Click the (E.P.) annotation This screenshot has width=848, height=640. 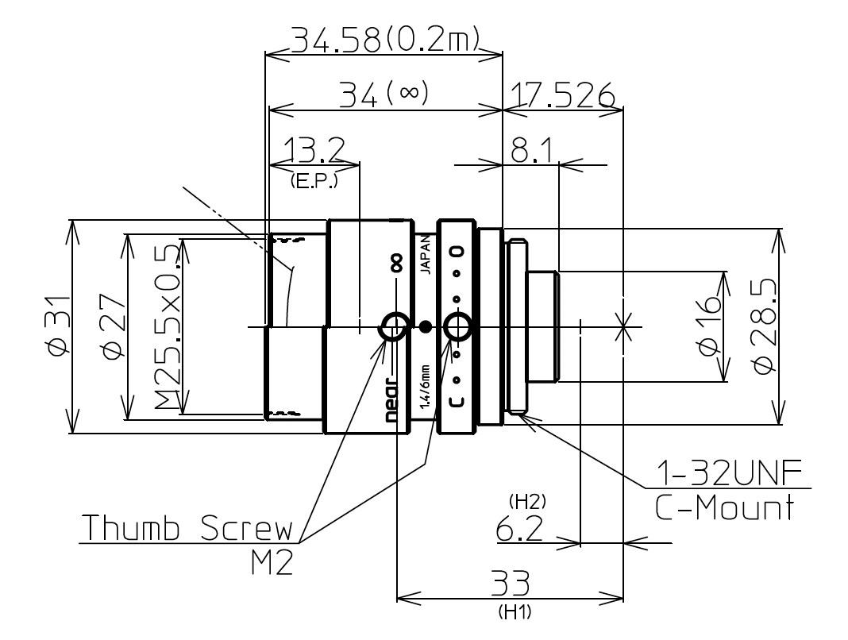[314, 181]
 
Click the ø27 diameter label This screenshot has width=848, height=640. [112, 326]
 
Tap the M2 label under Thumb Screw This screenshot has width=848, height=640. [268, 563]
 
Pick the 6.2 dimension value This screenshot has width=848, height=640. [520, 530]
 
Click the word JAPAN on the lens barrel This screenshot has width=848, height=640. [425, 255]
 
